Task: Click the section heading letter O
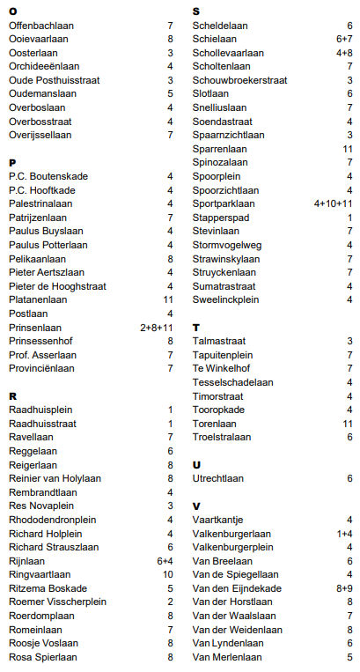point(12,11)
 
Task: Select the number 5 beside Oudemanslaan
point(170,93)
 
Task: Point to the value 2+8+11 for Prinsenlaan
point(156,327)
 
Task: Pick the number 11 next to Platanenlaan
point(167,299)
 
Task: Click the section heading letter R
point(12,396)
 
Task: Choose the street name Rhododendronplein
point(56,520)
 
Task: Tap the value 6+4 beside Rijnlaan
point(164,560)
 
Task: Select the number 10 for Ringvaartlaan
point(167,574)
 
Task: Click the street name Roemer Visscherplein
point(57,602)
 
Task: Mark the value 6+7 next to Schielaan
point(344,40)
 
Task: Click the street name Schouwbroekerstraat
point(239,80)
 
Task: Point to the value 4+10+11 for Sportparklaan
point(333,203)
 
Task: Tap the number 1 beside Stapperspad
point(349,218)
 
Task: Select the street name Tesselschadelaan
point(232,382)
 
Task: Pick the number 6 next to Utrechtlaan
point(349,478)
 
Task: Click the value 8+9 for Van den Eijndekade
point(344,588)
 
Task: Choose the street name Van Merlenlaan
point(226,657)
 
